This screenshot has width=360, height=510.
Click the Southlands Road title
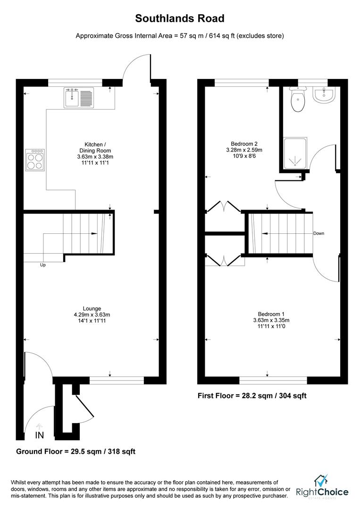180,18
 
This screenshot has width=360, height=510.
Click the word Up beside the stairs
42,265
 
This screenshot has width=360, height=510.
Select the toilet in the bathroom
297,101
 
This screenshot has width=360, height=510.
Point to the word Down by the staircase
318,233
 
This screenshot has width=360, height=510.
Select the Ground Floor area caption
76,451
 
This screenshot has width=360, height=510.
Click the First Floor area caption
252,396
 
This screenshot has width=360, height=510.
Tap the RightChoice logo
322,487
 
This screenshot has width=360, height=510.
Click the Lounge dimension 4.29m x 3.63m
92,314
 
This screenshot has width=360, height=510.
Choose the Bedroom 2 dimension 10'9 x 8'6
244,156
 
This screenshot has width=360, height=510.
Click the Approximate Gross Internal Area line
180,36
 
